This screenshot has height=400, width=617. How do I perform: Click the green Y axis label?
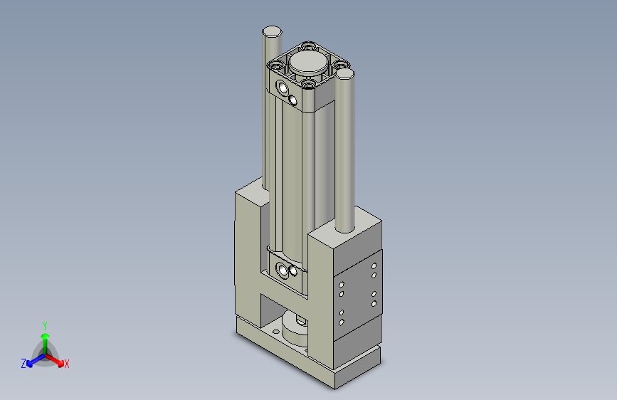coord(45,324)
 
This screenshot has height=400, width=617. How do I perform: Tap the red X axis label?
coord(67,364)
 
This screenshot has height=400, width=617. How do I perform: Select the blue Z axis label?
coord(23,364)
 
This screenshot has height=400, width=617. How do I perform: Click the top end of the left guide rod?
coord(272,32)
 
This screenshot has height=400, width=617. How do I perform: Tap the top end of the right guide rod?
coord(344,73)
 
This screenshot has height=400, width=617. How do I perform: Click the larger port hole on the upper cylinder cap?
coord(283,88)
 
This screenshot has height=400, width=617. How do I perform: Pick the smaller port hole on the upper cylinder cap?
coord(292,99)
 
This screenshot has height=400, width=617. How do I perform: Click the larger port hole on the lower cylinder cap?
coord(283,270)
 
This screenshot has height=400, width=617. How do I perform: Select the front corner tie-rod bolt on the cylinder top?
coord(308,85)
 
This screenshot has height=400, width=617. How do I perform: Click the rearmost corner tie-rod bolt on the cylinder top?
coord(307,47)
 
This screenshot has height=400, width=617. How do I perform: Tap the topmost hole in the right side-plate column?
coord(374,265)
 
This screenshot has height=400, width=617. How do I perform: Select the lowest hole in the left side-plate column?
coord(341,322)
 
